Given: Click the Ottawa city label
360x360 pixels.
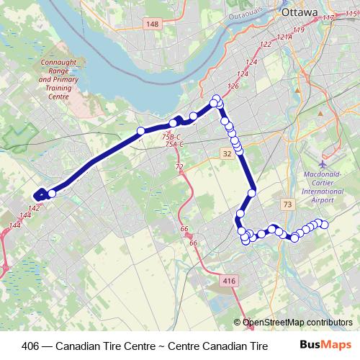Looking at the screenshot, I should tap(299, 12).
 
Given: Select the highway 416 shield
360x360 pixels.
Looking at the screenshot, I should tap(230, 281).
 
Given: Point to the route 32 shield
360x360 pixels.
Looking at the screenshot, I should tap(228, 153).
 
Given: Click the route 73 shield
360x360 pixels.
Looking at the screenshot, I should tap(288, 205).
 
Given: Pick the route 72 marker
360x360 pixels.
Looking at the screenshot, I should tap(179, 167).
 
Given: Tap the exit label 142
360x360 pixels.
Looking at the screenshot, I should tap(34, 207).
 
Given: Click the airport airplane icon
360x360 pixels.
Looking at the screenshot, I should tap(321, 163).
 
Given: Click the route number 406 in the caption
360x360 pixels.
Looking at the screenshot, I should tap(32, 345).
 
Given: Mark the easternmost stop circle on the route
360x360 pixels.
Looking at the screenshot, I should tap(324, 225).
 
